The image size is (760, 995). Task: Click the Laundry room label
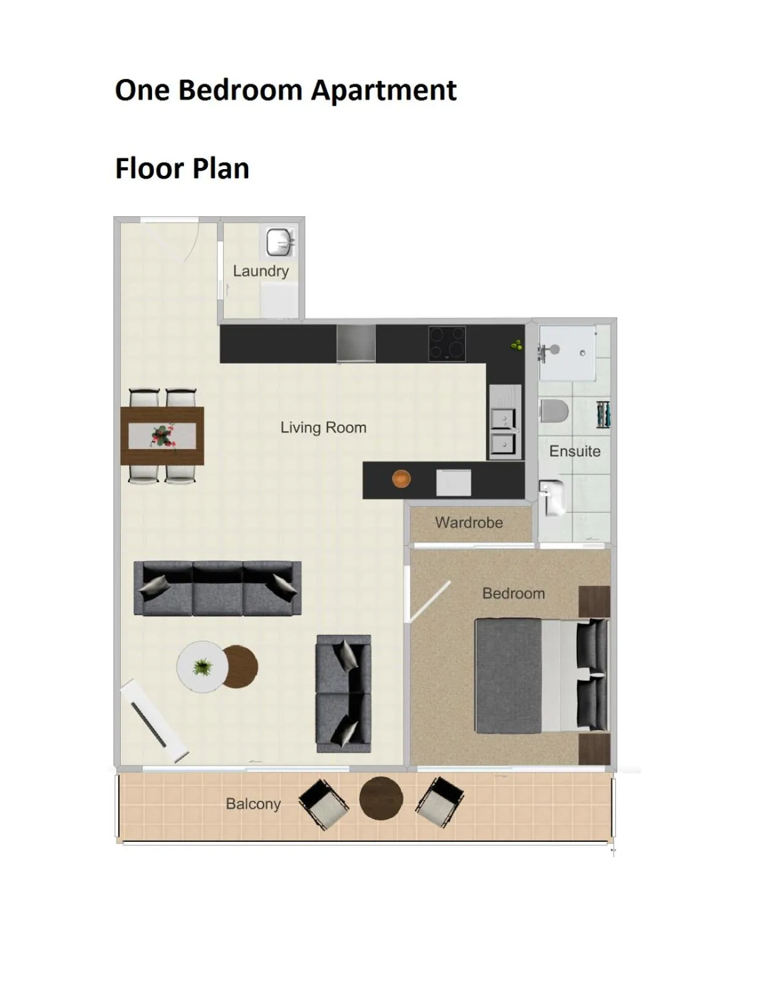(x=260, y=271)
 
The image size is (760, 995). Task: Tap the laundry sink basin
(x=279, y=242)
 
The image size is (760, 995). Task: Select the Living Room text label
(x=323, y=427)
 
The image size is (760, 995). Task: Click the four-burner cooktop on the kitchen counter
(x=447, y=344)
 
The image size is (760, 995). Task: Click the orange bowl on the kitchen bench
(x=401, y=479)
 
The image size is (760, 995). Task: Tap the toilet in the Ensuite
(x=555, y=411)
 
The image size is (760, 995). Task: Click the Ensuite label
(x=574, y=451)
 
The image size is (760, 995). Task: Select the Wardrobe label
(x=469, y=523)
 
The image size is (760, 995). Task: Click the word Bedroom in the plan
(x=513, y=593)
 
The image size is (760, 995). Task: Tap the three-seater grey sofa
(x=218, y=588)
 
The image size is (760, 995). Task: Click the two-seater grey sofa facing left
(x=343, y=694)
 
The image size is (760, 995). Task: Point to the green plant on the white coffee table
(x=202, y=667)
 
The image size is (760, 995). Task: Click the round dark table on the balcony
(x=381, y=798)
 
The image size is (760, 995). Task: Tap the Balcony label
(x=253, y=803)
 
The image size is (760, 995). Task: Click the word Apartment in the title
(x=384, y=90)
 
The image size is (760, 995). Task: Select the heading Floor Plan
(x=182, y=168)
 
